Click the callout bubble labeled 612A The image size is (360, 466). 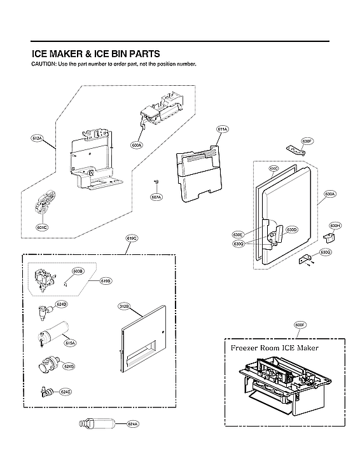tap(37, 138)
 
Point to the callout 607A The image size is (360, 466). tap(156, 196)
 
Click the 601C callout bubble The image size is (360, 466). tap(42, 226)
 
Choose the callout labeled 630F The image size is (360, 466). tap(307, 140)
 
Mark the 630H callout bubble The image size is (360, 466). tap(335, 226)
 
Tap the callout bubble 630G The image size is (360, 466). tap(325, 252)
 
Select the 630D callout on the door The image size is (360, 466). tap(292, 230)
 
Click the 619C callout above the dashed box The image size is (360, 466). tap(132, 238)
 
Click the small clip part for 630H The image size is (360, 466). tap(329, 237)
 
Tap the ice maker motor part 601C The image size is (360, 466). tap(44, 203)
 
